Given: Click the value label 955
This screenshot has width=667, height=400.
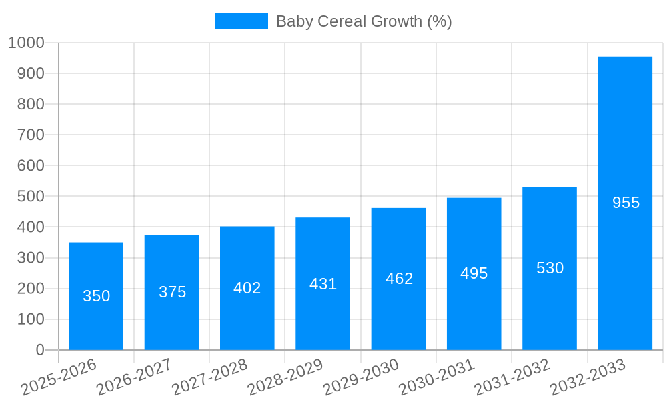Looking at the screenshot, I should (x=626, y=203).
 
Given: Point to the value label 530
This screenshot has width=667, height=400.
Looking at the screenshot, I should (x=550, y=268).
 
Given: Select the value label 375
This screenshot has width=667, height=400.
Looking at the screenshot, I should (x=172, y=292).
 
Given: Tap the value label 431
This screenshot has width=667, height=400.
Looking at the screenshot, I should (x=323, y=284).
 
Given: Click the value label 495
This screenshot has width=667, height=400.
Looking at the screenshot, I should (x=474, y=273).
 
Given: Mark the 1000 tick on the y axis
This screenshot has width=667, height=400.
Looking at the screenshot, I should (x=26, y=43).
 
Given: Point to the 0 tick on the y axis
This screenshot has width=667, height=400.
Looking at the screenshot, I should (x=39, y=350).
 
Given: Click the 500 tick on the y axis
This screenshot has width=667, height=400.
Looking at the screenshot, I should (x=30, y=197).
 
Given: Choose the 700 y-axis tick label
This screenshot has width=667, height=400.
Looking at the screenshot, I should (x=30, y=135).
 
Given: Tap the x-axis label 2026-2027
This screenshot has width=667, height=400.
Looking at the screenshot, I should (x=134, y=377).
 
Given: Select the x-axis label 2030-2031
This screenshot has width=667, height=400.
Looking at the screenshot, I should (x=436, y=377).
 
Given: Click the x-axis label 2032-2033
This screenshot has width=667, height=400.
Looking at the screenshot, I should (x=588, y=377).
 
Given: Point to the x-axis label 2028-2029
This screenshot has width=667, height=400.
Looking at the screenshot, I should (x=285, y=377).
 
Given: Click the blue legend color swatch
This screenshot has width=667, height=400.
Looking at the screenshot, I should (x=241, y=21).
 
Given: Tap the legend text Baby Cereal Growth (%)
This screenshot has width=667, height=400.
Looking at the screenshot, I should (x=364, y=21).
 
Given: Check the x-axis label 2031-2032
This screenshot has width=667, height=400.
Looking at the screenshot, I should (x=512, y=377).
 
